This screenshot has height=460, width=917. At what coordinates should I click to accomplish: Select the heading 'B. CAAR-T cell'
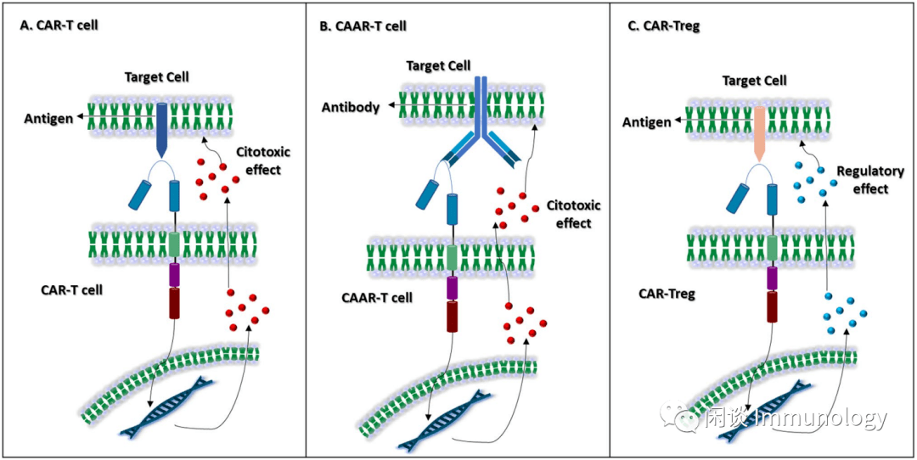363,26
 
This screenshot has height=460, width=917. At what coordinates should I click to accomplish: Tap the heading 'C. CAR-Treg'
663,26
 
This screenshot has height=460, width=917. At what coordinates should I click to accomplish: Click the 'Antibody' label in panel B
351,108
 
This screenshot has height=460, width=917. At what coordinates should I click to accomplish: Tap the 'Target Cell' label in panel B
438,65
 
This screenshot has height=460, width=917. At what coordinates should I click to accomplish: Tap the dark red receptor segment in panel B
453,317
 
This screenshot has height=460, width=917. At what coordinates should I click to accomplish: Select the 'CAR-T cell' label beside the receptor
72,290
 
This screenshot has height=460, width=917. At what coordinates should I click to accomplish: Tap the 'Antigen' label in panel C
647,123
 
